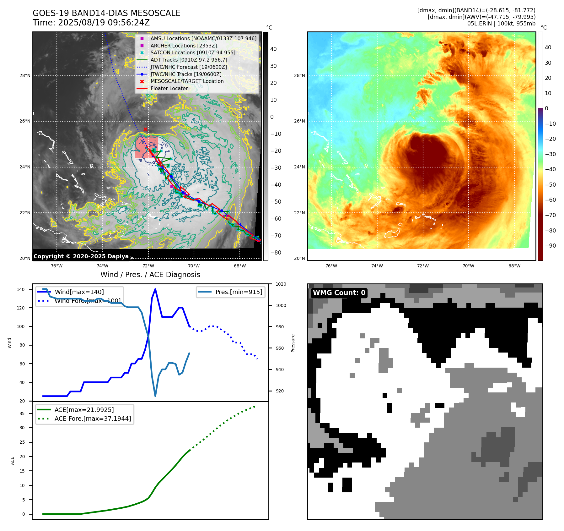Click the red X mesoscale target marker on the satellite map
[x=145, y=129]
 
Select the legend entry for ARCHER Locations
[x=183, y=46]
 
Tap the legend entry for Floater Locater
[x=169, y=88]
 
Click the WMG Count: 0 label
[x=339, y=293]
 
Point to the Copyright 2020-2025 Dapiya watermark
[x=81, y=256]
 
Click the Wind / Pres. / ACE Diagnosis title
[x=150, y=275]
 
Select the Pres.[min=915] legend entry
[x=239, y=292]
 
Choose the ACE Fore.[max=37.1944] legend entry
[x=93, y=419]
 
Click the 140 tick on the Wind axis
[x=21, y=289]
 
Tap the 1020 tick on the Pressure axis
[x=281, y=284]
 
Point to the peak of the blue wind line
[x=155, y=289]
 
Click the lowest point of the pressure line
[x=155, y=396]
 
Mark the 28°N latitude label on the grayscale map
[x=25, y=75]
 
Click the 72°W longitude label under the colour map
[x=423, y=266]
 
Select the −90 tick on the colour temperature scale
[x=550, y=246]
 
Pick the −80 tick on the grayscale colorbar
[x=276, y=253]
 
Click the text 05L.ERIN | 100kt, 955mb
[x=501, y=24]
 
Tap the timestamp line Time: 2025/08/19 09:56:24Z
[x=91, y=23]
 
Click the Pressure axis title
[x=293, y=343]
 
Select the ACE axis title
[x=13, y=461]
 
